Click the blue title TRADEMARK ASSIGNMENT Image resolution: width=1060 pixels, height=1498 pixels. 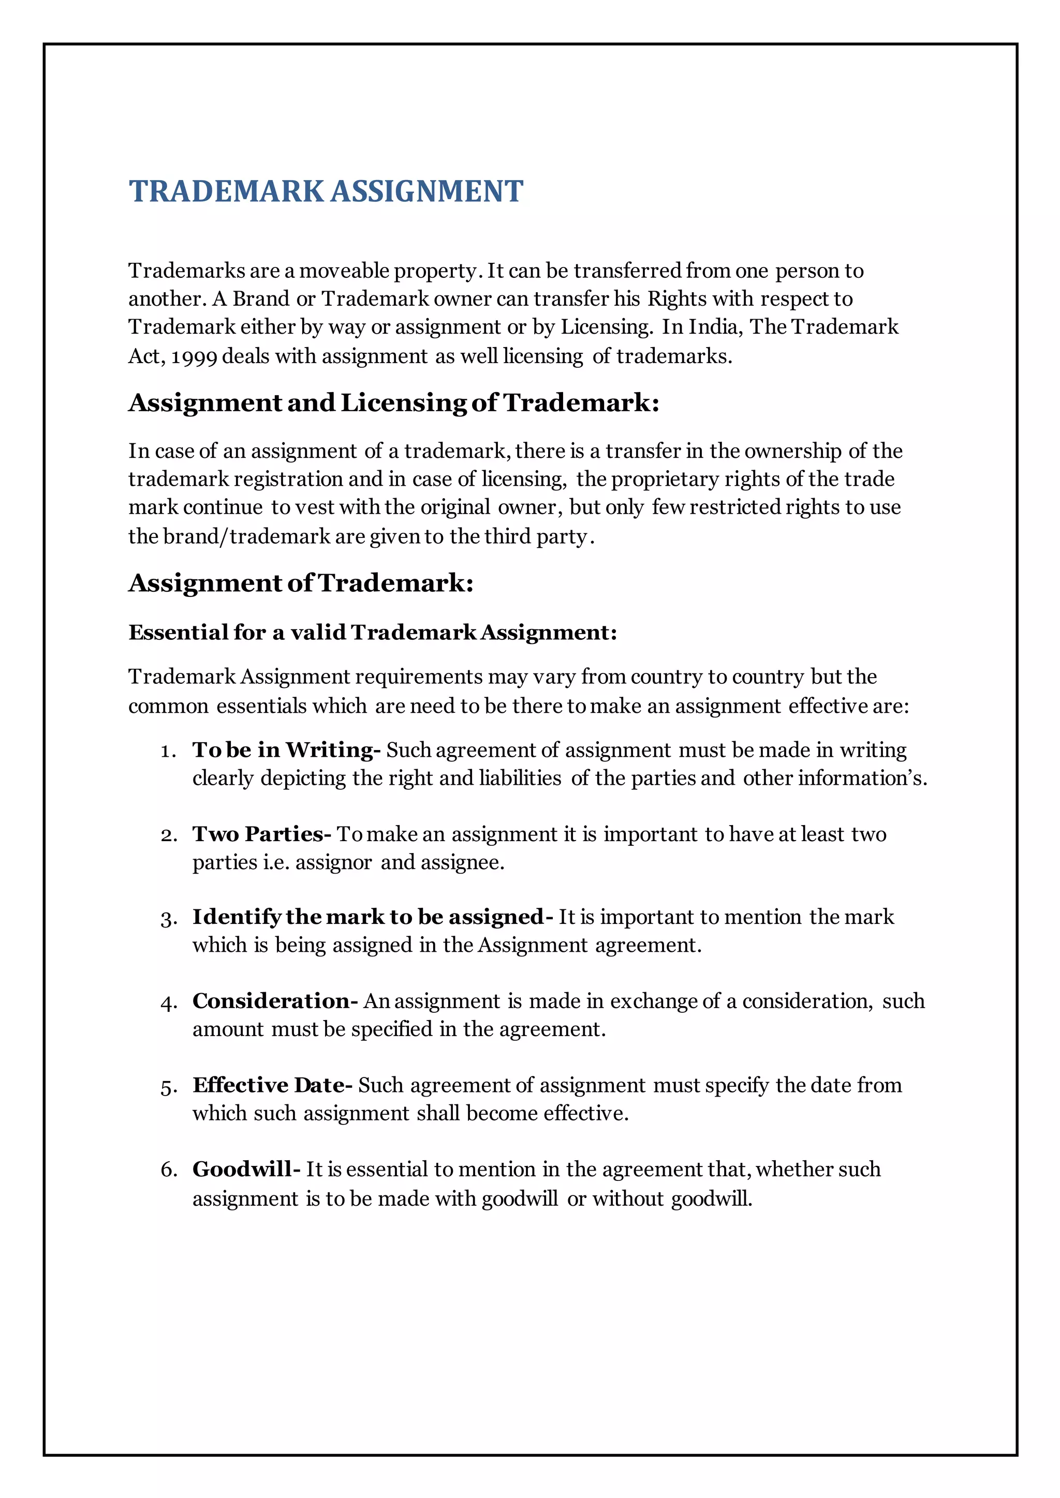pyautogui.click(x=326, y=191)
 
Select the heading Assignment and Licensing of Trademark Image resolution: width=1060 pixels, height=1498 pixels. pyautogui.click(x=393, y=402)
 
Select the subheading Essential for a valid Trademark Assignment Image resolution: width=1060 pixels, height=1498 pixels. pyautogui.click(x=373, y=632)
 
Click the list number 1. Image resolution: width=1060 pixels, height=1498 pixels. pyautogui.click(x=168, y=752)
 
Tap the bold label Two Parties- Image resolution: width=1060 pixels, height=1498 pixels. pyautogui.click(x=262, y=834)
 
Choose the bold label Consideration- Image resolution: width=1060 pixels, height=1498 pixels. pyautogui.click(x=275, y=1001)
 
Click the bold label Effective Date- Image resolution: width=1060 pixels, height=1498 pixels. pyautogui.click(x=272, y=1085)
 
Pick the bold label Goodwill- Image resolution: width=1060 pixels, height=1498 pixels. pyautogui.click(x=246, y=1169)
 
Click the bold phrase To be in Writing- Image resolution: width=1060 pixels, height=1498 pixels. pyautogui.click(x=286, y=751)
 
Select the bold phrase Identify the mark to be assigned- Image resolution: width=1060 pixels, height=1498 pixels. pyautogui.click(x=372, y=917)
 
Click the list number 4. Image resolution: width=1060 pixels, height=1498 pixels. pyautogui.click(x=168, y=1003)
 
